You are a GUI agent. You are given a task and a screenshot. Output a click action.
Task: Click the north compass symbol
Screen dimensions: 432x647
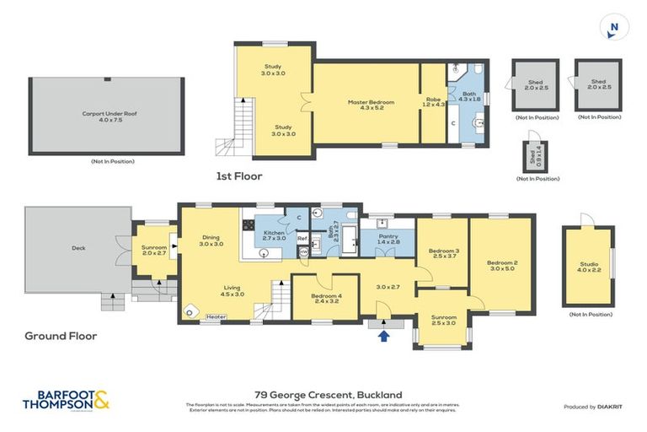tap(613, 28)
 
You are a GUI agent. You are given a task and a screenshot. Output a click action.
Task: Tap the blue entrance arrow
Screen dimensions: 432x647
tap(384, 336)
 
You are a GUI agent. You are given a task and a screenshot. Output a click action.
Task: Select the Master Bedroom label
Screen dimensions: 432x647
tap(366, 105)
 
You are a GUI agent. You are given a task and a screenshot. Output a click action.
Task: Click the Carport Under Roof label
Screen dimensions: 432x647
tap(106, 116)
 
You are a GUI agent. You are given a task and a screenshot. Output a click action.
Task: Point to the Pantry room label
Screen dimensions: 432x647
tap(388, 239)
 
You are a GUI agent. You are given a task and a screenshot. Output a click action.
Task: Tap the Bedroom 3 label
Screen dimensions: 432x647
tap(443, 253)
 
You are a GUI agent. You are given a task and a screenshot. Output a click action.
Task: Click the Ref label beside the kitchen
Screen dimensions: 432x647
tap(301, 239)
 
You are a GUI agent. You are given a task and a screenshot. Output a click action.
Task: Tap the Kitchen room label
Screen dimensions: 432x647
tap(275, 235)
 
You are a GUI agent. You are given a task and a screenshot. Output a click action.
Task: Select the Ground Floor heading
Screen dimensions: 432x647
tap(61, 336)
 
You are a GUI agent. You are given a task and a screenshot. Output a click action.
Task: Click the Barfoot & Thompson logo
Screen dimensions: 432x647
tap(67, 399)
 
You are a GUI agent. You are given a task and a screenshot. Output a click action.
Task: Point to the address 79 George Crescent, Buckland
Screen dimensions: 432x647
tap(329, 394)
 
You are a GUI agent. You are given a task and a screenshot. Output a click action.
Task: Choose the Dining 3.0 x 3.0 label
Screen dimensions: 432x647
tap(210, 240)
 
